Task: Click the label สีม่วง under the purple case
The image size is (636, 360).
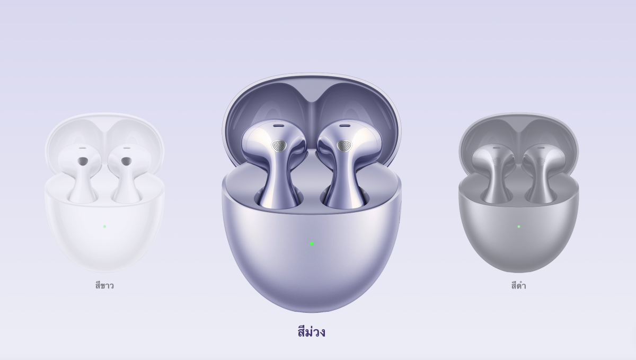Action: pos(312,332)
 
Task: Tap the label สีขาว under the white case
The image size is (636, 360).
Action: pos(104,285)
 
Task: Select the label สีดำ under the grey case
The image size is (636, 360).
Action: pos(519,285)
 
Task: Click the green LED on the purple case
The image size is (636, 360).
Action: pos(312,243)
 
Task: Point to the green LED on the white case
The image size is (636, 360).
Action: pos(104,226)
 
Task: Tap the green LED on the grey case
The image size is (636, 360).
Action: pos(519,226)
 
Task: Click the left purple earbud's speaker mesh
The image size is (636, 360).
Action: pos(279,146)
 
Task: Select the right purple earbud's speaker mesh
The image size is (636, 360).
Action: pos(344,146)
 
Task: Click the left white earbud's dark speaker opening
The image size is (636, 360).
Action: pos(83,161)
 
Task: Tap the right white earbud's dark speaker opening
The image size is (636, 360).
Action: pos(126,161)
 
